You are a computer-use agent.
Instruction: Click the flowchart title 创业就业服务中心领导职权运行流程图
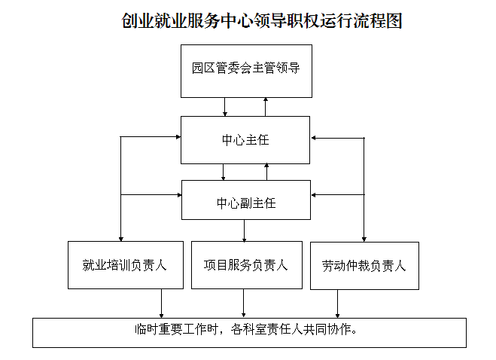click(x=262, y=21)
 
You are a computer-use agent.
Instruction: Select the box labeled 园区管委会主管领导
click(x=246, y=71)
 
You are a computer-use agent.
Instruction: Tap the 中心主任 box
click(x=245, y=140)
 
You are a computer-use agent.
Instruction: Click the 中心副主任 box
click(x=246, y=200)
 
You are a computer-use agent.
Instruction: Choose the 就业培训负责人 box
click(x=126, y=265)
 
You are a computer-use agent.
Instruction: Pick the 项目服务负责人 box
click(x=247, y=265)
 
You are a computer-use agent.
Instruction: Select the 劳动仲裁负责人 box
click(x=364, y=266)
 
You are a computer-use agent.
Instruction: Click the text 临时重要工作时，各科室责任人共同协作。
click(x=246, y=330)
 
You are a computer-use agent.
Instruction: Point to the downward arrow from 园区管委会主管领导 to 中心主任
click(x=225, y=107)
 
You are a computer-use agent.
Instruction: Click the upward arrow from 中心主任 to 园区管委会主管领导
click(x=266, y=107)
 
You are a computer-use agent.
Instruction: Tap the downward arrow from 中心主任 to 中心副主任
click(x=224, y=172)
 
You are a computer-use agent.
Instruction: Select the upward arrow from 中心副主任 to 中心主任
click(x=266, y=172)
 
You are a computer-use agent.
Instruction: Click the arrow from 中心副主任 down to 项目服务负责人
click(x=244, y=230)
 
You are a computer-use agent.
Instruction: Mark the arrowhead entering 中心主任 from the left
click(x=178, y=137)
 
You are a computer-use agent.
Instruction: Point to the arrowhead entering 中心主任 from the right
click(x=313, y=138)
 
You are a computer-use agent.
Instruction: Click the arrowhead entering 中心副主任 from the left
click(x=179, y=195)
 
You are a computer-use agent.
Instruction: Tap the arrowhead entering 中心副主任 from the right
click(x=313, y=195)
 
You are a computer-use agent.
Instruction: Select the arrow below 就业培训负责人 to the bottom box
click(x=161, y=304)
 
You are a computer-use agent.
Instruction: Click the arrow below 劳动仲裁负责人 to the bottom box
click(x=337, y=304)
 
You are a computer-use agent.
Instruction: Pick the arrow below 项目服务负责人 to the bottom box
click(x=244, y=303)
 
